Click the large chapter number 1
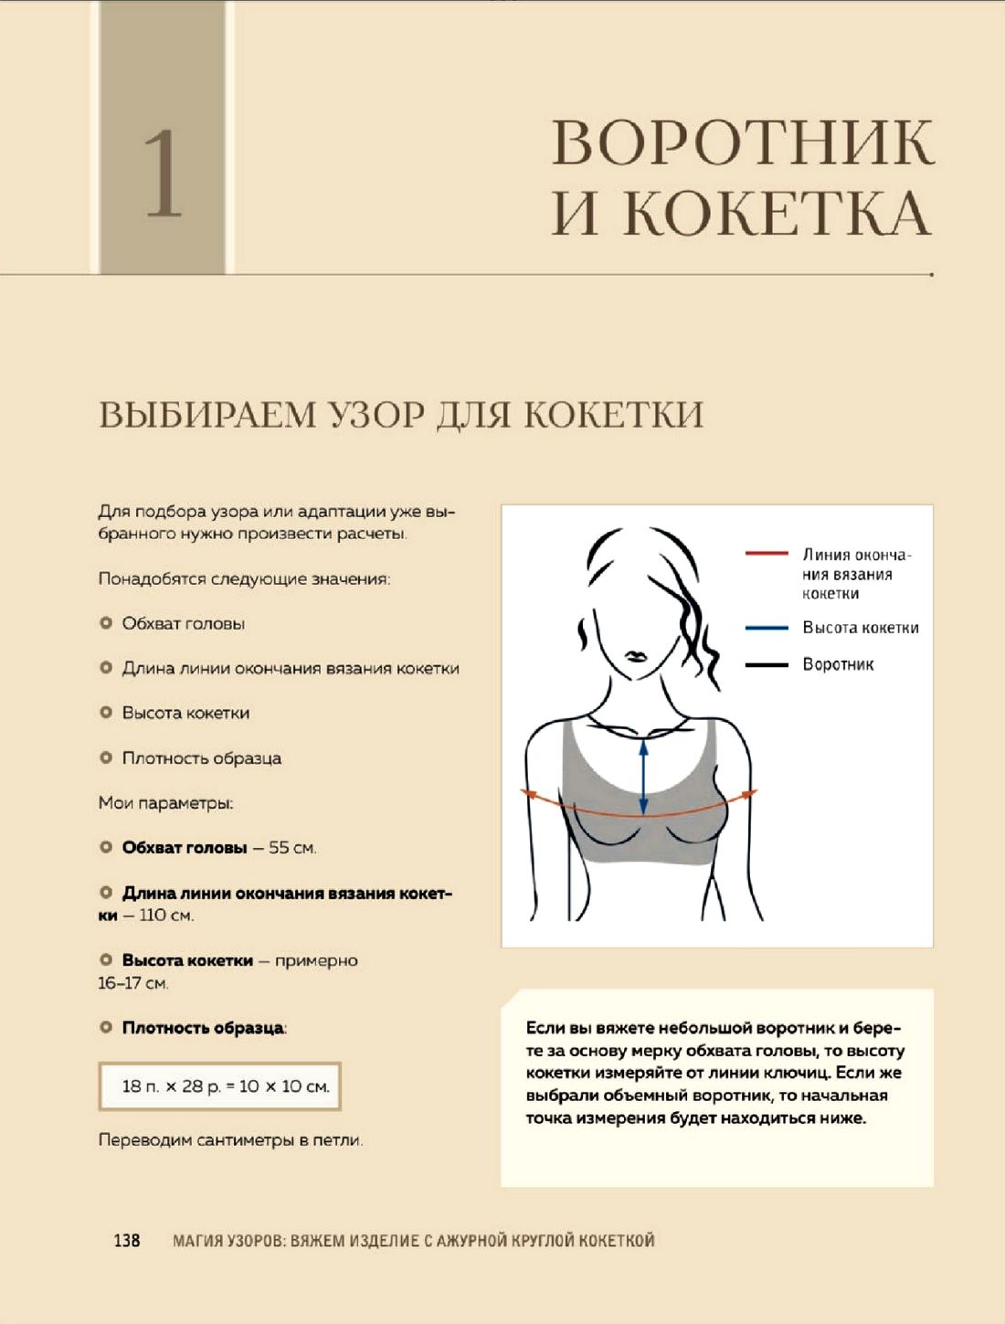tap(164, 173)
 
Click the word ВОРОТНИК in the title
tap(743, 143)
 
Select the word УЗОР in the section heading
tap(370, 415)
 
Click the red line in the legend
tap(766, 554)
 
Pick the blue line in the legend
tap(766, 628)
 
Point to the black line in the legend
tap(766, 664)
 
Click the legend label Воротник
tap(838, 664)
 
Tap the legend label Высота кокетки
tap(861, 628)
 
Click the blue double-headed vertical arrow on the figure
tap(644, 777)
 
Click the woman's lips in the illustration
tap(635, 656)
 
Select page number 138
tap(127, 1240)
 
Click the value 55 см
tap(292, 848)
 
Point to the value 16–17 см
tap(133, 983)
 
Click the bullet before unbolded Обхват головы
tap(106, 623)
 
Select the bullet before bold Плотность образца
tap(106, 1027)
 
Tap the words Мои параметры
tap(165, 803)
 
